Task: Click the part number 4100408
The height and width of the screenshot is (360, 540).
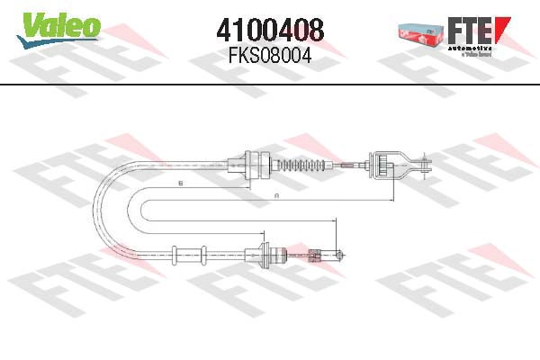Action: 270,30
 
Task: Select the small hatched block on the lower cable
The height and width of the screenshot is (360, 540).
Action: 314,255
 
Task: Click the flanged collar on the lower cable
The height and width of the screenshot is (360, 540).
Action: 266,255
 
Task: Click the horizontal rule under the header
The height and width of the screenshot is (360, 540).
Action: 270,84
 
